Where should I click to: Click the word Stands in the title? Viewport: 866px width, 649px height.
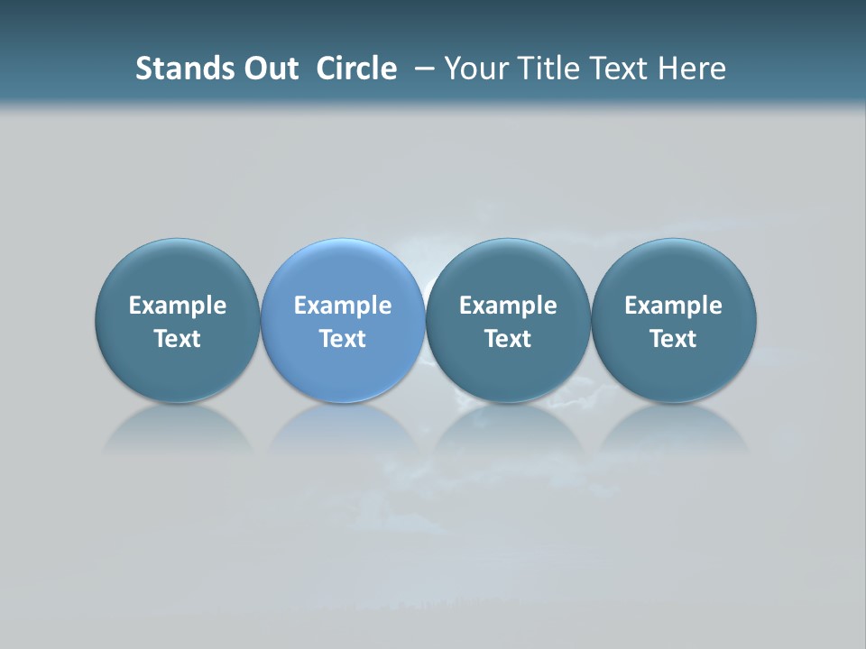[178, 69]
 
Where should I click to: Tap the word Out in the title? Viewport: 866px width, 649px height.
[269, 69]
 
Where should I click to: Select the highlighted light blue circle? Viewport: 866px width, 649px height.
[343, 320]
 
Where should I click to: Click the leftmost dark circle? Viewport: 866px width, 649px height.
[177, 320]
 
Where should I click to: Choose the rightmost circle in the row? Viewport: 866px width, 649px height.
[673, 320]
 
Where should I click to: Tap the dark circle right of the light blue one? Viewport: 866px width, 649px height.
[508, 320]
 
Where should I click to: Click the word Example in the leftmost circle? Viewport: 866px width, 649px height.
[177, 306]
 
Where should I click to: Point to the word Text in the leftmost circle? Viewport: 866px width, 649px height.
[177, 339]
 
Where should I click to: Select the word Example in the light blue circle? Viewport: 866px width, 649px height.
[343, 306]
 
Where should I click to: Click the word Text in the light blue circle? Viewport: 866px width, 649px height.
[343, 339]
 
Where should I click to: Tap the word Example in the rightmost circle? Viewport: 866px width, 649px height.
[673, 306]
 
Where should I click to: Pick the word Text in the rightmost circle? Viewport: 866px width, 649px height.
[673, 339]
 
